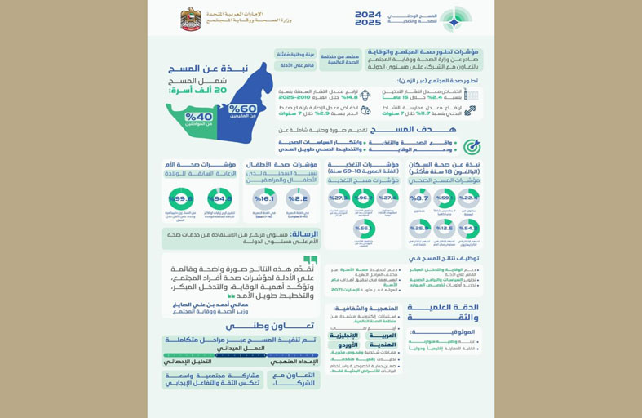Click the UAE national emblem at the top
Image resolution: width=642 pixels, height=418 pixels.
[191, 19]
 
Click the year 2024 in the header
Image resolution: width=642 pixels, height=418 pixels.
[368, 14]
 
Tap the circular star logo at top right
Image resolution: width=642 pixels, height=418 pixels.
[456, 18]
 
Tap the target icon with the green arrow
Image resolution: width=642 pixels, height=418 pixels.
[472, 147]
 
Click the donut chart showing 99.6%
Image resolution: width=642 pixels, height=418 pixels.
[181, 198]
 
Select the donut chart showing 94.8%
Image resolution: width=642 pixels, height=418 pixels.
[219, 198]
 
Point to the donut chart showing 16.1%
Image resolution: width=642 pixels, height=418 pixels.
[264, 198]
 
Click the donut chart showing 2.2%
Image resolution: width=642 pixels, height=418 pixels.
[298, 198]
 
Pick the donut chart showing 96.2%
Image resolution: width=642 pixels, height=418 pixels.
[364, 198]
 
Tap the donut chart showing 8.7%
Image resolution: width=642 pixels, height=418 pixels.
[419, 198]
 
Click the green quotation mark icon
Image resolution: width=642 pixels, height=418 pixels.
[310, 260]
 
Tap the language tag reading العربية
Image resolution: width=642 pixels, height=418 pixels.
[379, 335]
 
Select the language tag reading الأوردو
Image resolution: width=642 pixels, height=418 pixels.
[343, 344]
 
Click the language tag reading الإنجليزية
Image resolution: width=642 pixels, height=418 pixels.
[343, 335]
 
